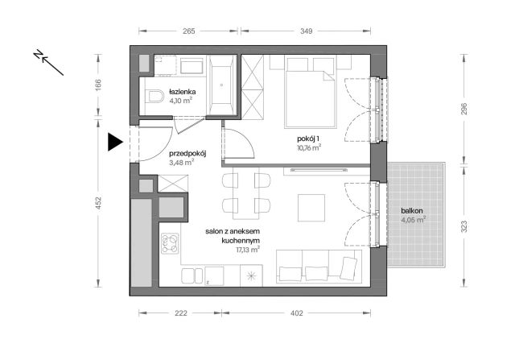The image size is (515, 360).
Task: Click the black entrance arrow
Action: point(115,143)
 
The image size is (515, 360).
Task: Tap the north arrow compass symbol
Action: point(48,61)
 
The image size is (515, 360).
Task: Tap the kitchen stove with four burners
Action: point(170,243)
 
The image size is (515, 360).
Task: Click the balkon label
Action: point(414,211)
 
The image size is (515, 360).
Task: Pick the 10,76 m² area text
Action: point(307,148)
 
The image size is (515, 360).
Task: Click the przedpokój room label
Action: point(188,153)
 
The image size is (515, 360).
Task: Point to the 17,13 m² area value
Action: point(249,250)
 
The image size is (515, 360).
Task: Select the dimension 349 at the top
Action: point(301,31)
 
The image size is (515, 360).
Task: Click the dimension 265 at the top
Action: point(189,31)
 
